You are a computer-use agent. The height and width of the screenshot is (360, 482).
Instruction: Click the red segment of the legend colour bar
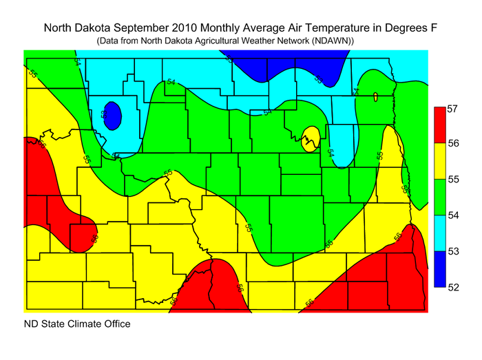coord(437,125)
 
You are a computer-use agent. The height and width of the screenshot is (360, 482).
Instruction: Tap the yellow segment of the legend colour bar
coord(437,160)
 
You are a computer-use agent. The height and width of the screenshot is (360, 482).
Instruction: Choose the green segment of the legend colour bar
coord(437,197)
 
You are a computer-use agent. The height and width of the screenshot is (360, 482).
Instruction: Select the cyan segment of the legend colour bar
coord(437,233)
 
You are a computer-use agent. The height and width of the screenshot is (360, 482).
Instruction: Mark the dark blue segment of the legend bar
coord(437,269)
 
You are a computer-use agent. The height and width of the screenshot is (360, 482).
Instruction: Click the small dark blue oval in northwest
coord(113,115)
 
